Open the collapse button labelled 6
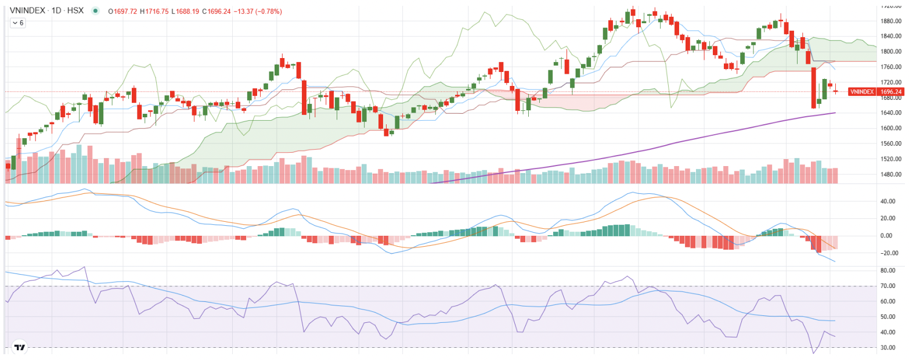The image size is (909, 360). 17,23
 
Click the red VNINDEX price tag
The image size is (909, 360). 862,92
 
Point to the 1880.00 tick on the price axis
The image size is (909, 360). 890,21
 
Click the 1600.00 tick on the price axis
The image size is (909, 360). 890,128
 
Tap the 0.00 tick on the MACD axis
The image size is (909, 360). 886,236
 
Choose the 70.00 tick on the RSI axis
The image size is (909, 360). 886,286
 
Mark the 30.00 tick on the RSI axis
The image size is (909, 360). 886,348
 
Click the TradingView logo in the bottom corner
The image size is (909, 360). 20,347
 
